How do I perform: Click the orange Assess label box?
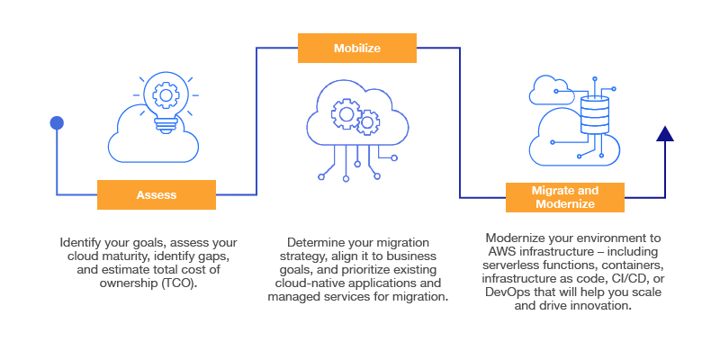pos(156,194)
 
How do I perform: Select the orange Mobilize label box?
pos(357,48)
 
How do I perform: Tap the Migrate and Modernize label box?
pos(564,197)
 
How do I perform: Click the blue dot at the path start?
pos(57,122)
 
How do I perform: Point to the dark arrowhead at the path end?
pos(665,134)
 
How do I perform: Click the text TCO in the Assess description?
pos(176,283)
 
